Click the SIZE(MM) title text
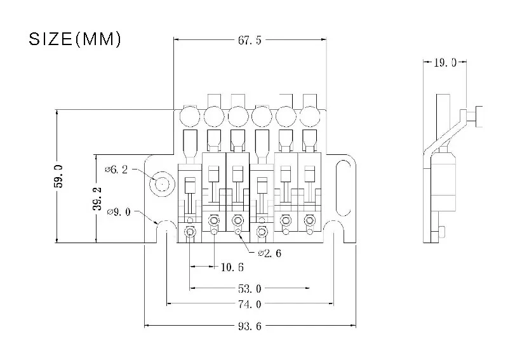75,39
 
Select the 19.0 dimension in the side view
445,63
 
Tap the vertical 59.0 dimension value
59,176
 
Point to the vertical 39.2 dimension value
97,198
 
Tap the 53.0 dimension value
249,289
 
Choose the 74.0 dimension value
249,304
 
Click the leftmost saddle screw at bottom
189,233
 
